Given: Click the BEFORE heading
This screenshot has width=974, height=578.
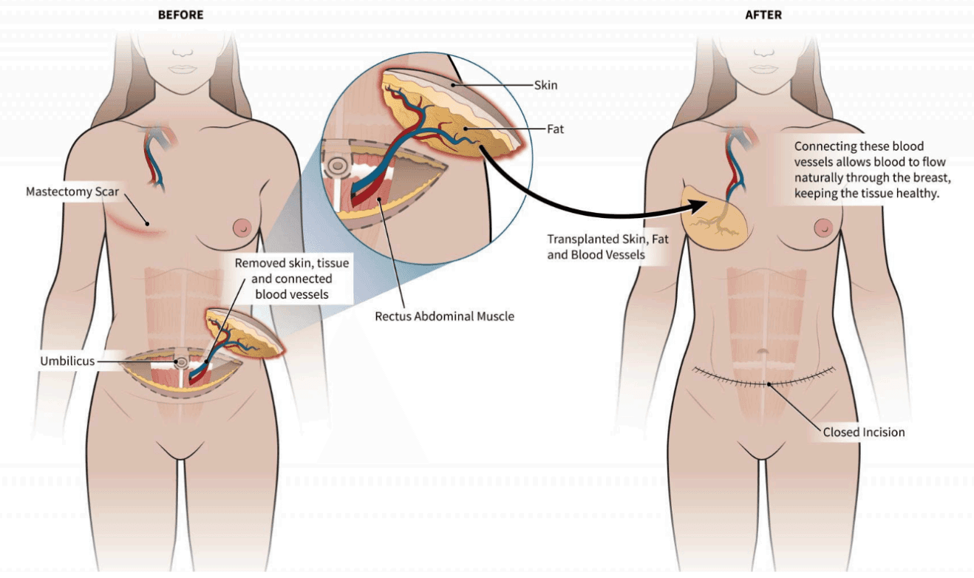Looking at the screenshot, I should (180, 14).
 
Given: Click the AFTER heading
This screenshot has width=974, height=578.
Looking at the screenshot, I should (763, 14).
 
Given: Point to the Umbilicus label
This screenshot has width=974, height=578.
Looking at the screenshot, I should (67, 361).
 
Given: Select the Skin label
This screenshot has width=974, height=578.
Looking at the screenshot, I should (545, 85).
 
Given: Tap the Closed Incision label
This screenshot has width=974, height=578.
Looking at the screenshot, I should (864, 432).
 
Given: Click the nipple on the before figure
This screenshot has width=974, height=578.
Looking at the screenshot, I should (241, 227).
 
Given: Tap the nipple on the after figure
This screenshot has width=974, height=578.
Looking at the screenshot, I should (823, 227).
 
